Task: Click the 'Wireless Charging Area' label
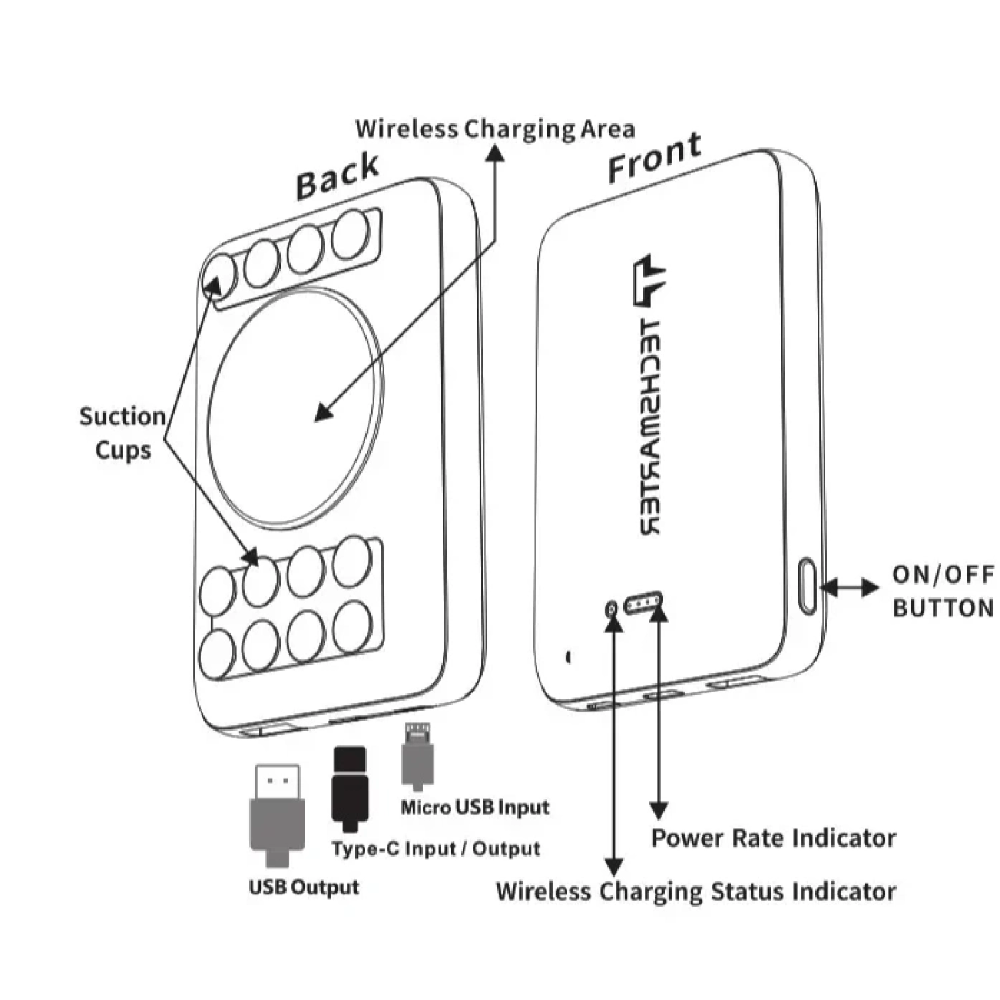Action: (495, 129)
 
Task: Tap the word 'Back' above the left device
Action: (337, 176)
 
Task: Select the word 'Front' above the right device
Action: (654, 157)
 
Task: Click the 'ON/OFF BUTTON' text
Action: (943, 591)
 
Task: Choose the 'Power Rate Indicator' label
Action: (773, 838)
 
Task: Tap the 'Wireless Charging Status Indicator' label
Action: (696, 891)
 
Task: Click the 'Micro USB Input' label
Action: (475, 807)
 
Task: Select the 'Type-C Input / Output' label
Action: (435, 849)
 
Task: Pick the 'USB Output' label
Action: (304, 887)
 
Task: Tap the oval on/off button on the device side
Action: (807, 587)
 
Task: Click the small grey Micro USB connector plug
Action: (418, 757)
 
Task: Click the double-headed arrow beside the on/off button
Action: (850, 587)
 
